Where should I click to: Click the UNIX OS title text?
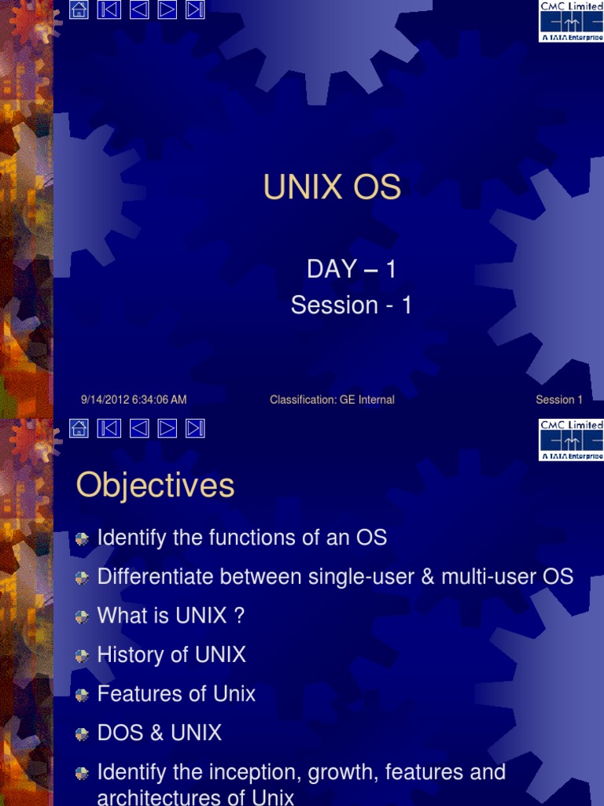(332, 188)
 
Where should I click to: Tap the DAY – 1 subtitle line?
(351, 269)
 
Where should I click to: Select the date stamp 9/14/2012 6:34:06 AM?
(134, 400)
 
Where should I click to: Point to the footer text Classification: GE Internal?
(332, 400)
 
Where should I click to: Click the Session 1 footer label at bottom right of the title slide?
(559, 400)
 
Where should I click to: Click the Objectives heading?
(155, 486)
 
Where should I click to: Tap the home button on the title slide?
(79, 10)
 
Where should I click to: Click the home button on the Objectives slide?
(79, 427)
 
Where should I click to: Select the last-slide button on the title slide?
(195, 10)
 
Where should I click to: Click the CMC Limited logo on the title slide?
(571, 20)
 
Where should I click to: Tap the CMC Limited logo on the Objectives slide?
(571, 439)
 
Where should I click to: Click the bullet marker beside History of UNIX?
(83, 656)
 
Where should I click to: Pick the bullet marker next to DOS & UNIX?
(83, 734)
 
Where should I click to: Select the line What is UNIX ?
(171, 616)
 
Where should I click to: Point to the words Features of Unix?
(176, 694)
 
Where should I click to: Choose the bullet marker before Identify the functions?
(83, 539)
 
